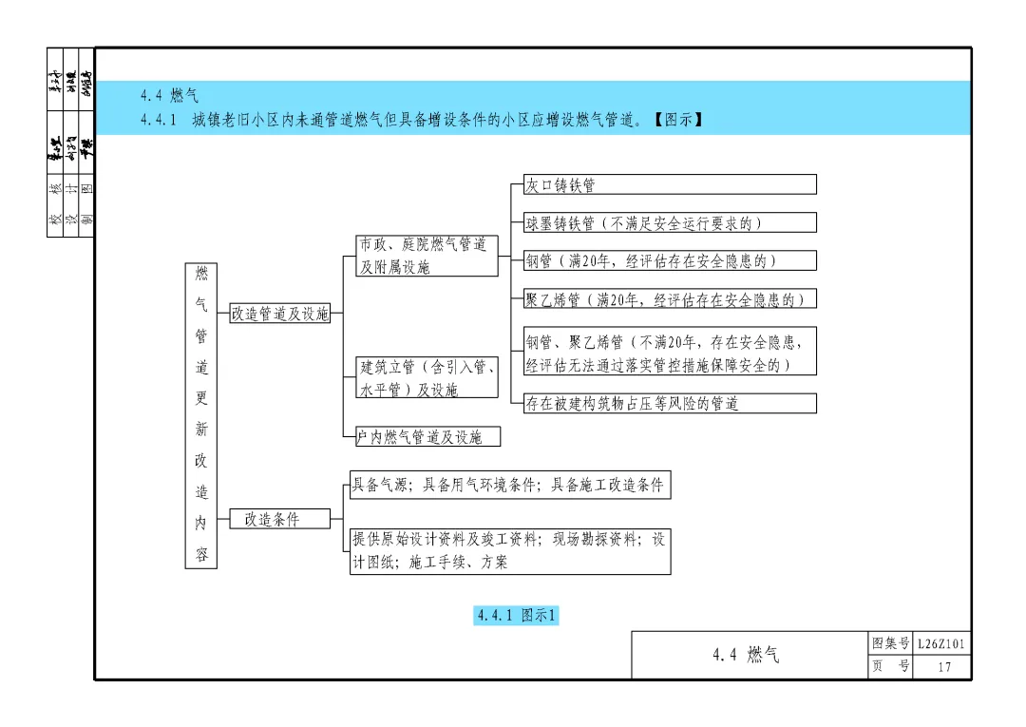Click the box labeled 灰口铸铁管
(x=669, y=184)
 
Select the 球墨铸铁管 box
(x=669, y=222)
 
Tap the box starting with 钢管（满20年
(x=669, y=260)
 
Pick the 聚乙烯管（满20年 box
(x=669, y=299)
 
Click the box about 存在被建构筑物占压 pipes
(x=669, y=403)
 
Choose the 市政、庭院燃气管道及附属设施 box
(x=427, y=256)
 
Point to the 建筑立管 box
(x=427, y=377)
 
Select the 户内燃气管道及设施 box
(x=427, y=437)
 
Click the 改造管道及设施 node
(x=280, y=314)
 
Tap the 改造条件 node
(x=280, y=519)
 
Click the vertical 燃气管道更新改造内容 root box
(x=201, y=415)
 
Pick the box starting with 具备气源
(x=509, y=485)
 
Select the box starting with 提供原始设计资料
(x=509, y=550)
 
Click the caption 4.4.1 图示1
(x=517, y=616)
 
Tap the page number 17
(x=943, y=667)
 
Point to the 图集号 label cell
(x=890, y=644)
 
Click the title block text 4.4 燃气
(x=746, y=655)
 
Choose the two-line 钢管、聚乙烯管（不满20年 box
(x=669, y=353)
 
